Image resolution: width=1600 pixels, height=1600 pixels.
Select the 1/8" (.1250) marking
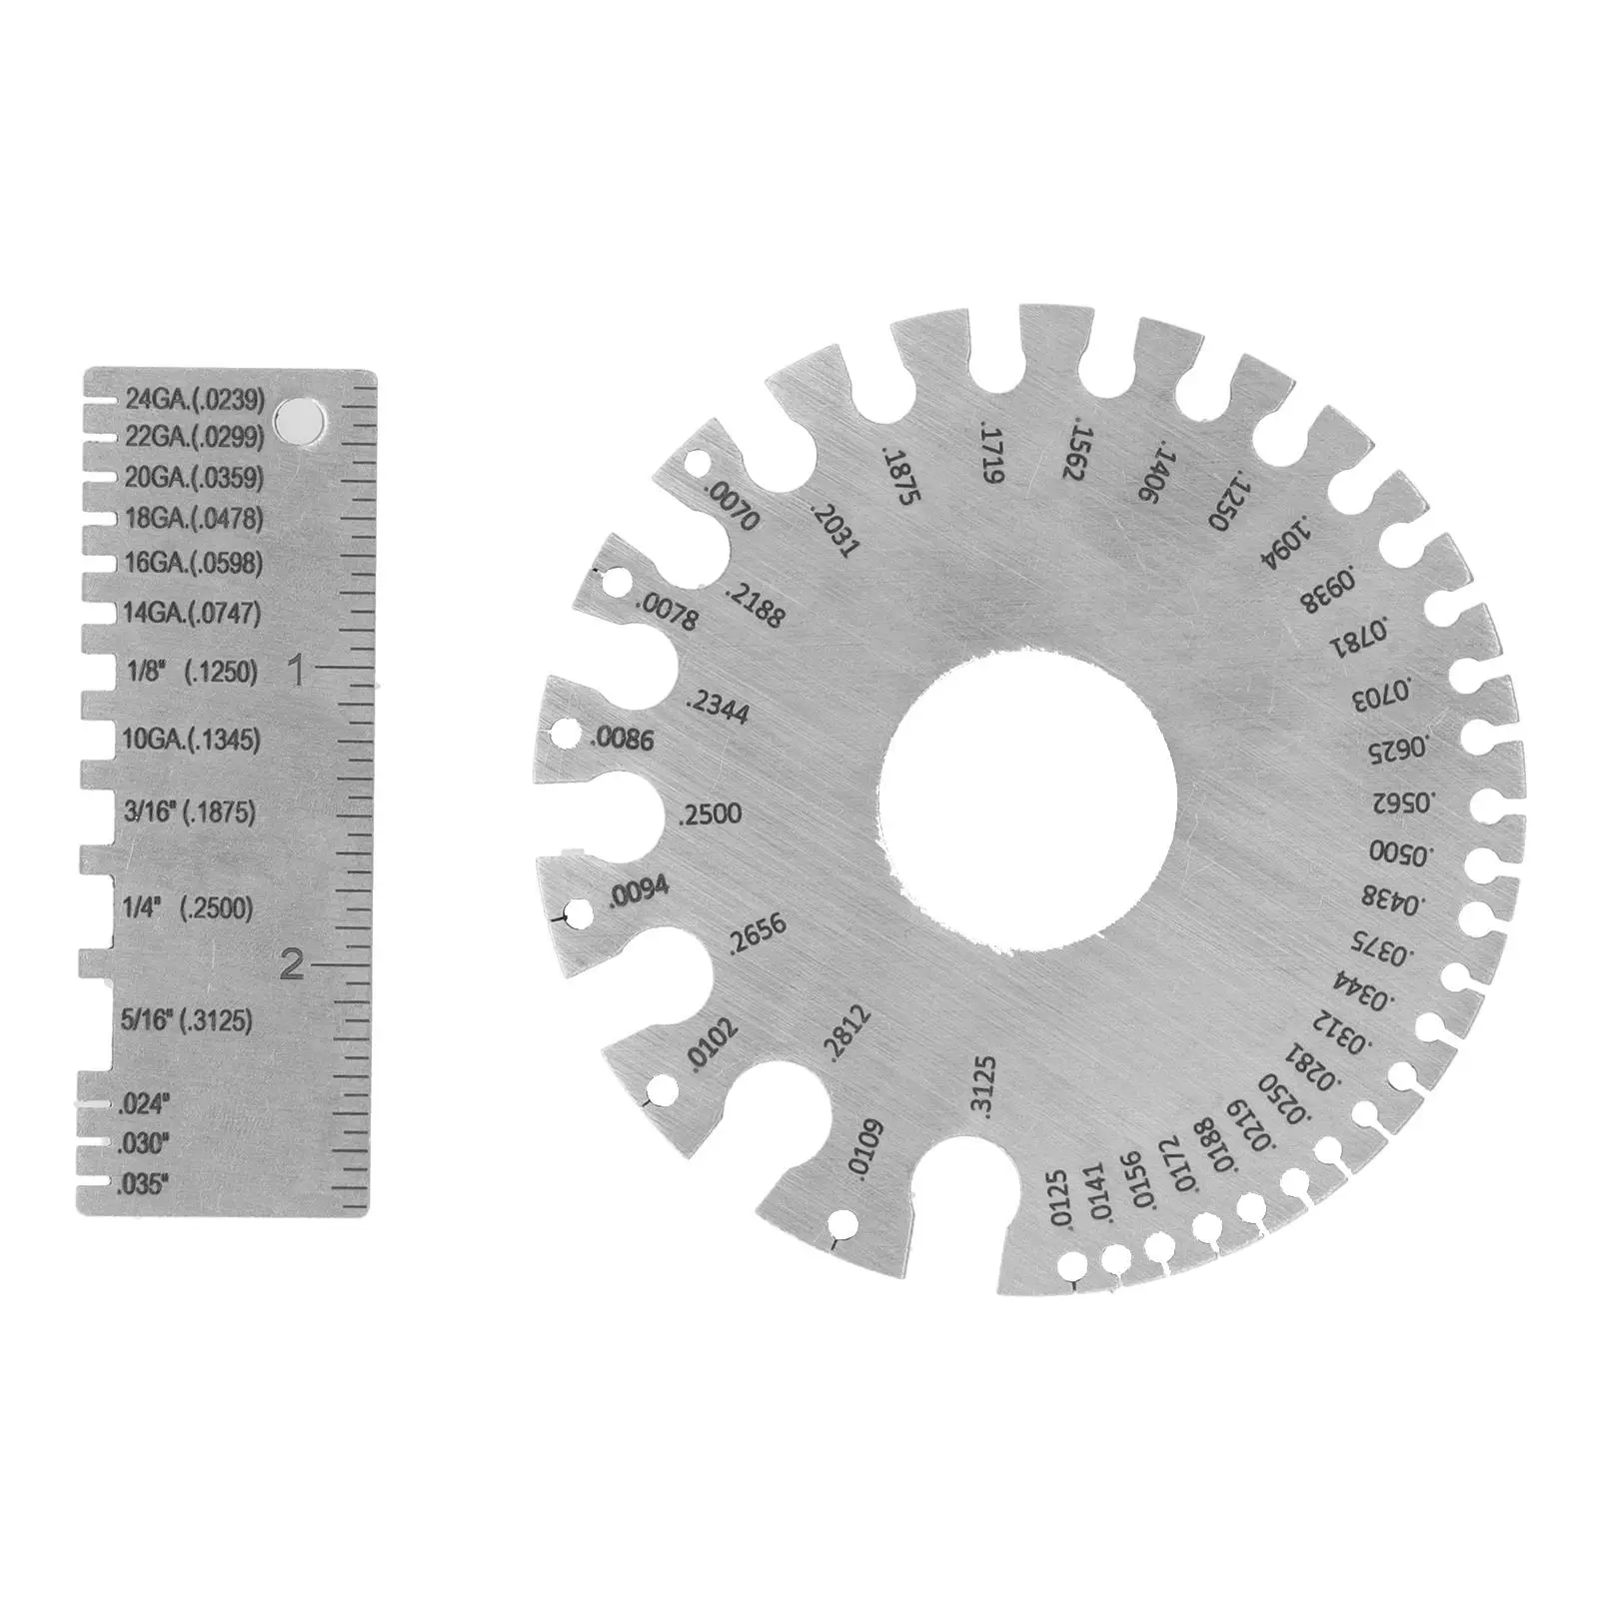tap(193, 673)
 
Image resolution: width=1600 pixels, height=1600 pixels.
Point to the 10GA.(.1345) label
tap(191, 741)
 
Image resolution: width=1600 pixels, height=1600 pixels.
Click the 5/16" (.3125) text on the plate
tap(187, 1020)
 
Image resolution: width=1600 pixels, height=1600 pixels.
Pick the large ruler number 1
tap(296, 671)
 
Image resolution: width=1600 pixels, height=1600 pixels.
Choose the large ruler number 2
tap(292, 964)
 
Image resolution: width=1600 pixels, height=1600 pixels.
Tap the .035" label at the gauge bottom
tap(144, 1185)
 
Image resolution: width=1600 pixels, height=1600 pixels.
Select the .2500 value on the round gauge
tap(711, 814)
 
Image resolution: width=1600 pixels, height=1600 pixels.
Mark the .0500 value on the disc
tap(1401, 852)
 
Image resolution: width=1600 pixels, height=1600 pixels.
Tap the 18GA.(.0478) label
tap(194, 519)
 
